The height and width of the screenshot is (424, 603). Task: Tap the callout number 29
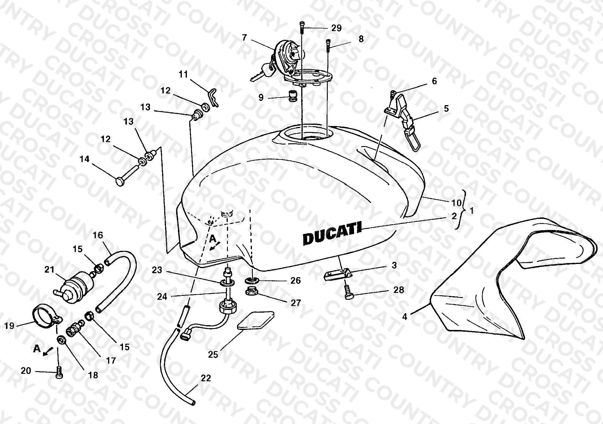click(x=336, y=28)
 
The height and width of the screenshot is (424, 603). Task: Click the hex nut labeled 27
click(x=253, y=291)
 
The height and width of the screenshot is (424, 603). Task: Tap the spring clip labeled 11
click(x=213, y=97)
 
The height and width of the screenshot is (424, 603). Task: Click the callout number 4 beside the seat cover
click(x=405, y=317)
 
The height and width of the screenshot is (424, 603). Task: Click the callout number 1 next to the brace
click(x=471, y=211)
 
